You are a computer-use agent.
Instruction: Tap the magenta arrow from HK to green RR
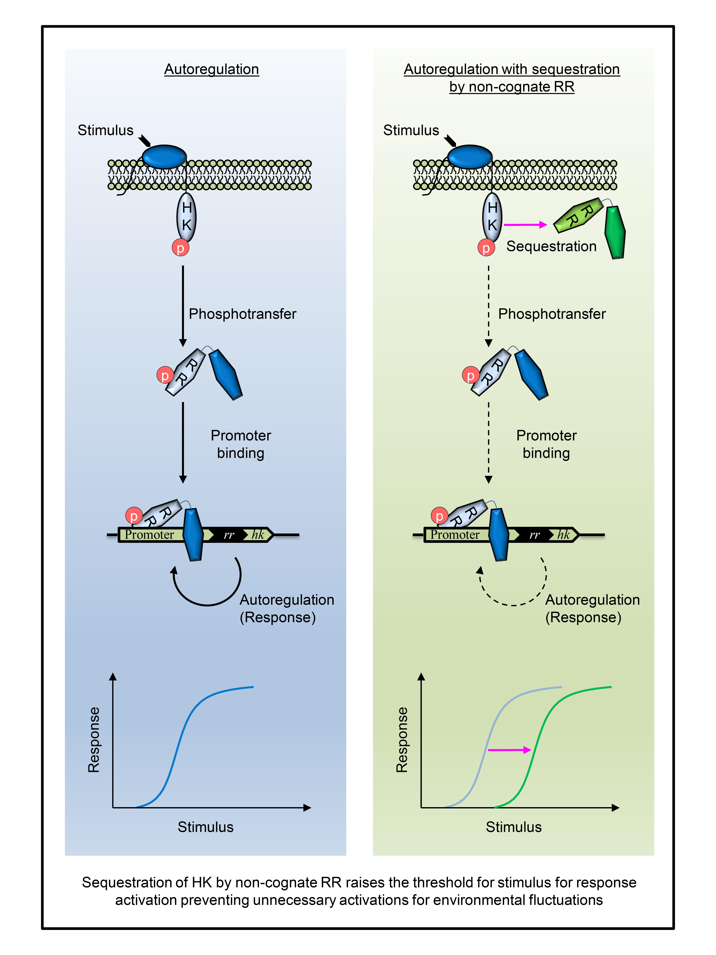point(524,224)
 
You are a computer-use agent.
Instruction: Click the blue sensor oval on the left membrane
point(164,156)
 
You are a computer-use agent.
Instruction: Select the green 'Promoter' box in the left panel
point(149,535)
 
